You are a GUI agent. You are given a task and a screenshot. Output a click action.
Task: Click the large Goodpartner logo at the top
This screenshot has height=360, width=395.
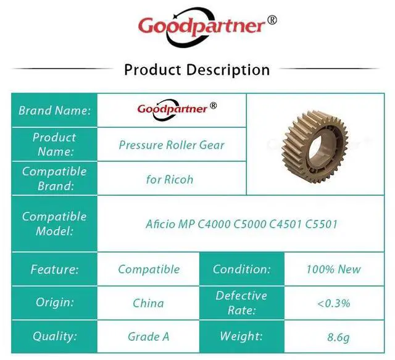(x=207, y=27)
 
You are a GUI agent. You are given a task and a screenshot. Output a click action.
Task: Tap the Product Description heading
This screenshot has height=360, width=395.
(x=197, y=70)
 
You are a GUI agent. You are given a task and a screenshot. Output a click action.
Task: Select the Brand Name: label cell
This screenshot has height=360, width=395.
(x=54, y=111)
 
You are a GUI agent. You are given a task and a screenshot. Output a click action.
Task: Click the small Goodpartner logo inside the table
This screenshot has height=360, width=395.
(x=177, y=109)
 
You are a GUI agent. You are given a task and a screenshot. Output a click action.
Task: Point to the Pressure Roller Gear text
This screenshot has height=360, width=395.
(x=172, y=145)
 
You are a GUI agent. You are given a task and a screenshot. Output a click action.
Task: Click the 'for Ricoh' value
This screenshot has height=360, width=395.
(x=170, y=180)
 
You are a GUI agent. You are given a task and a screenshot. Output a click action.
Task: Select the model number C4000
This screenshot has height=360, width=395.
(x=214, y=224)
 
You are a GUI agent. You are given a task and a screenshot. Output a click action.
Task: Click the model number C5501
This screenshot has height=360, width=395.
(x=321, y=224)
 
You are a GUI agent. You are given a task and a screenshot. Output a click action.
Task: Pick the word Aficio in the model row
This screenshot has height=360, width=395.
(x=160, y=224)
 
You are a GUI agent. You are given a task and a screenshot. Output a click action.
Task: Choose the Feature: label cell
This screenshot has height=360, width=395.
(x=54, y=269)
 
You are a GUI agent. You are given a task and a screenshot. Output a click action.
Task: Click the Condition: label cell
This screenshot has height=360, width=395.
(x=242, y=269)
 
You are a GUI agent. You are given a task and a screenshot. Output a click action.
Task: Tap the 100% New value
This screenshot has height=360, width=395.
(x=334, y=269)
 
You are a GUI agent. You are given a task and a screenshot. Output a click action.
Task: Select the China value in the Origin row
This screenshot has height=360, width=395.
(x=148, y=303)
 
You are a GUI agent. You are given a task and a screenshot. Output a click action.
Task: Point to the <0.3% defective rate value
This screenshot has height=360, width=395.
(x=334, y=303)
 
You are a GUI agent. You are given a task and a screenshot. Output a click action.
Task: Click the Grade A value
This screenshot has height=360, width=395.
(x=148, y=337)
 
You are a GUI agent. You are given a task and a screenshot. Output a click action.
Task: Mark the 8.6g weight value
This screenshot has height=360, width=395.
(x=338, y=337)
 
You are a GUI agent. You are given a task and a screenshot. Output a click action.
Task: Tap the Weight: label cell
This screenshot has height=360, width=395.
(x=242, y=337)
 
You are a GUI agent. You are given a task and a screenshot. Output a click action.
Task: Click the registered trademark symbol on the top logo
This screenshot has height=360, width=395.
(x=272, y=20)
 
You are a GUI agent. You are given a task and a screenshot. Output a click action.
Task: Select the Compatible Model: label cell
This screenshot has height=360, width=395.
(x=54, y=224)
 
